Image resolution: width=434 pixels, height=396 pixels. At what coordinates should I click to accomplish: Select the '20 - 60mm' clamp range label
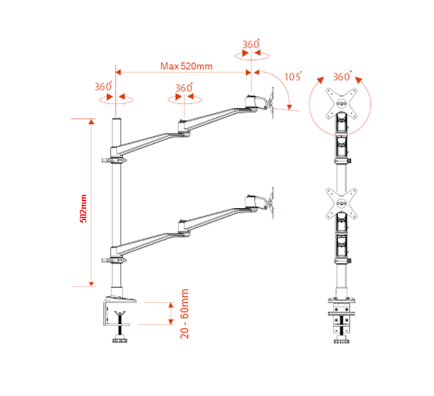pos(185,314)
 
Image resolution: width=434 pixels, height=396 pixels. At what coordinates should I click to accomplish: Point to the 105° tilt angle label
pos(292,76)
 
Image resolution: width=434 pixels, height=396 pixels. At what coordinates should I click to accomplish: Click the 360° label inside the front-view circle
pos(341,76)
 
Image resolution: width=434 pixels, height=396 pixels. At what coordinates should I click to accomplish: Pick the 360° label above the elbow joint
pos(184,88)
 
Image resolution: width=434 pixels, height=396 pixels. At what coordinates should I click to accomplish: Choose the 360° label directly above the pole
pos(103,87)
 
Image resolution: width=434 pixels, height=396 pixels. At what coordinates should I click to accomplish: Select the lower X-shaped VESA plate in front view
pos(340,203)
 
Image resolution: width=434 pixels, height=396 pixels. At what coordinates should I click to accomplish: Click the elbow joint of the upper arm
pos(184,126)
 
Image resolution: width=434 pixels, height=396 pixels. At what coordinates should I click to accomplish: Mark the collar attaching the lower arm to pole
pos(114,254)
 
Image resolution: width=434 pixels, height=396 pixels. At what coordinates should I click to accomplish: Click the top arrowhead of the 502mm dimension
pos(91,120)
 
